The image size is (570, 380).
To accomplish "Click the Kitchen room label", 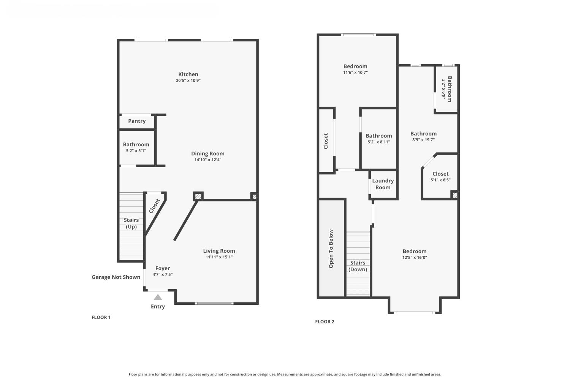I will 188,74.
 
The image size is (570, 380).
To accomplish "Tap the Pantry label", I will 137,121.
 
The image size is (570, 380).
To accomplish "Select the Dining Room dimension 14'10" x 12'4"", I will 207,160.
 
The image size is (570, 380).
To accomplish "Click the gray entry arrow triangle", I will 158,297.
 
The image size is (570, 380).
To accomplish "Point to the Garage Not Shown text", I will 116,277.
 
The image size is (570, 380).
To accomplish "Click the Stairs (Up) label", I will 131,223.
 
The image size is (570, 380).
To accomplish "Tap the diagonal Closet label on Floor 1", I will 154,206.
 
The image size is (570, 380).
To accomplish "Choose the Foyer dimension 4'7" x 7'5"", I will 163,274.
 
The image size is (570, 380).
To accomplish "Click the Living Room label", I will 219,251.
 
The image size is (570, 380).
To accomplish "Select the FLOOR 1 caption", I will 101,317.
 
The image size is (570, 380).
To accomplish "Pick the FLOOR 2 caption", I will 325,321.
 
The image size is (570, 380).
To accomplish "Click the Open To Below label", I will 331,249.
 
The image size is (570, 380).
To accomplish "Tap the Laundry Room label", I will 383,184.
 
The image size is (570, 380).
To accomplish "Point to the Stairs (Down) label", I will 358,266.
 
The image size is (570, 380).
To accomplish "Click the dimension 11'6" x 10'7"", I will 355,73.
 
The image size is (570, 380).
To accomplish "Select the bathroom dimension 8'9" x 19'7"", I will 423,140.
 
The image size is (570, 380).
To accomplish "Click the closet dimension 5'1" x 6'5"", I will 440,180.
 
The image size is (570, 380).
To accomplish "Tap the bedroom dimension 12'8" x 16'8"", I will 415,258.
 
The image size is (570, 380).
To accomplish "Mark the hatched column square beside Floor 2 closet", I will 455,195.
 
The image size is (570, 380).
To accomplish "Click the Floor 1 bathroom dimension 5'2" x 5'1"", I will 136,151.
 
